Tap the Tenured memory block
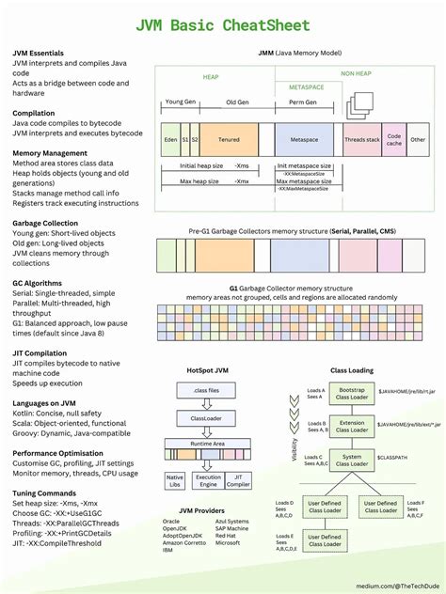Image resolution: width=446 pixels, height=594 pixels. pyautogui.click(x=229, y=139)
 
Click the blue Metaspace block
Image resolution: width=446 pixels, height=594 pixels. pyautogui.click(x=303, y=139)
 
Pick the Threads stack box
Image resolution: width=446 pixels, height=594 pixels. pyautogui.click(x=361, y=139)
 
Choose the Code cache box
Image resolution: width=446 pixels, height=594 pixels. pyautogui.click(x=394, y=139)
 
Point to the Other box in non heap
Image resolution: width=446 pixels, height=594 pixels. pyautogui.click(x=418, y=139)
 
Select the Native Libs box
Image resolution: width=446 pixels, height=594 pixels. pyautogui.click(x=174, y=481)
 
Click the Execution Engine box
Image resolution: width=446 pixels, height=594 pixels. pyautogui.click(x=207, y=481)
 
